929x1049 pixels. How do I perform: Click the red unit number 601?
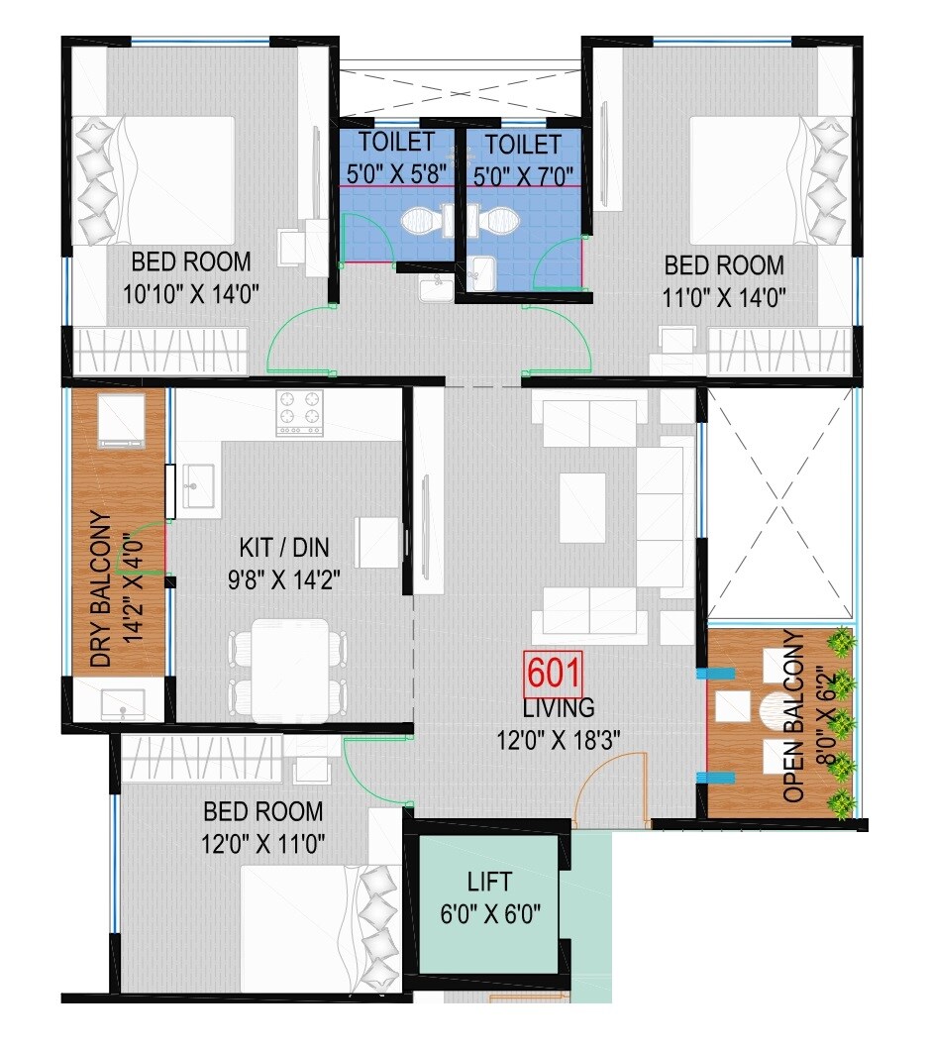click(554, 675)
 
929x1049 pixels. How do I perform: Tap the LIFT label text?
click(489, 881)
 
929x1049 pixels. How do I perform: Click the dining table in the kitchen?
click(289, 669)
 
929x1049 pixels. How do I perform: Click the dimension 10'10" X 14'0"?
click(191, 294)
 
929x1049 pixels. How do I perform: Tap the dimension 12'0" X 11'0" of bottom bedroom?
click(263, 843)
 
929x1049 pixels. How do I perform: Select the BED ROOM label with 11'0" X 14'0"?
click(724, 265)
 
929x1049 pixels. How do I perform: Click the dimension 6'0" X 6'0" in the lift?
click(489, 912)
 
